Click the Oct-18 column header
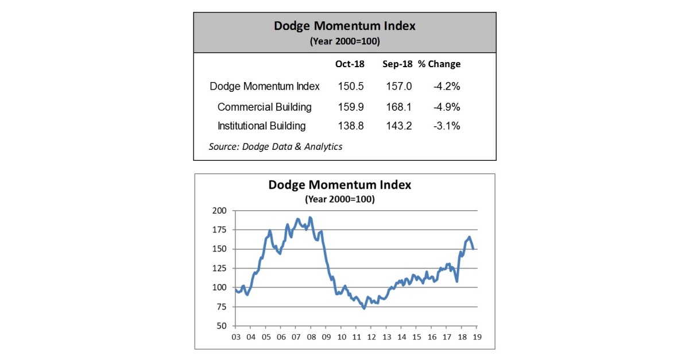[x=349, y=64]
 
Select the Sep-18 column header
[x=397, y=64]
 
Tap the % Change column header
[x=439, y=64]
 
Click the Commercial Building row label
[x=265, y=107]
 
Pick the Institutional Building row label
[x=261, y=126]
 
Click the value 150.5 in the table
[x=349, y=87]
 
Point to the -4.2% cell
[x=447, y=87]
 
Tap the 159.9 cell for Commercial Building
[x=349, y=107]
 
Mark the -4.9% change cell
[x=447, y=107]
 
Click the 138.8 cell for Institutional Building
[x=349, y=126]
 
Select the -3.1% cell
[x=447, y=126]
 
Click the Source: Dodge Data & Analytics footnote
[x=276, y=147]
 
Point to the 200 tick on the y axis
[x=219, y=211]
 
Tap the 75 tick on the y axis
[x=221, y=307]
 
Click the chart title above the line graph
[x=340, y=185]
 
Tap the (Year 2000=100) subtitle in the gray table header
[x=344, y=41]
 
